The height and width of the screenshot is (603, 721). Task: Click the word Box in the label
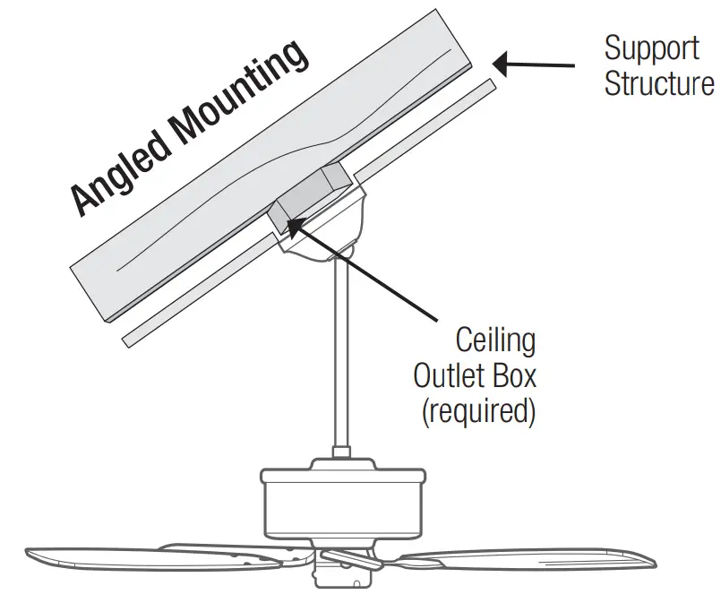point(515,375)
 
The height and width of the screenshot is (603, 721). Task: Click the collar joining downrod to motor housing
point(340,457)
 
